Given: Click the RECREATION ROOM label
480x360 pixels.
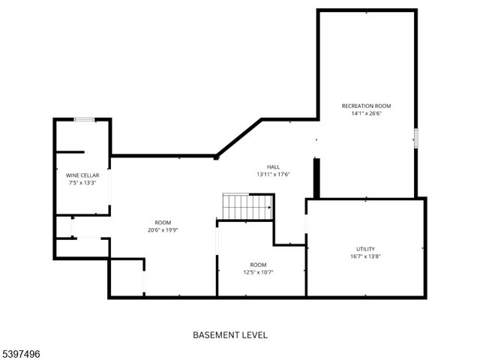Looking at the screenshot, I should pos(366,106).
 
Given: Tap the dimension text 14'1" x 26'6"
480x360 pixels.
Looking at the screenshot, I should pos(366,114).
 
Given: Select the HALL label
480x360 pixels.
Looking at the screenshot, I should pos(273,166).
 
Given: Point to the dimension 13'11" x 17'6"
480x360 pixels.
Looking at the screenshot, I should pos(273,174).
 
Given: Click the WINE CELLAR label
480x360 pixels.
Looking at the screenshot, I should pos(82,175).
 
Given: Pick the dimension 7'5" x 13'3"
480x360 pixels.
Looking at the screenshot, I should pos(82,182).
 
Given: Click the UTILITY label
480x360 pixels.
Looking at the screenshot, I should pos(365,249).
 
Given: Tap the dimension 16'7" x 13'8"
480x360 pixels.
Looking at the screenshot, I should pos(365,256).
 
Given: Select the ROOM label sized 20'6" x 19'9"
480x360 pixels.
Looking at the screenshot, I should pos(163,223).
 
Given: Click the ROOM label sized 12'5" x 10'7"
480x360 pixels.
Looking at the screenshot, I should pos(258,265).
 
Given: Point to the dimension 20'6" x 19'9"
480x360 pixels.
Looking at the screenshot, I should pos(163,230).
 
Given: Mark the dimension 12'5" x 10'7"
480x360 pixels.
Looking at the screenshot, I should pos(258,272).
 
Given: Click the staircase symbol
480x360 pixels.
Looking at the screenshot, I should pos(247,206).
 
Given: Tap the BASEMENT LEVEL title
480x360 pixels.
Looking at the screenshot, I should pos(230,335).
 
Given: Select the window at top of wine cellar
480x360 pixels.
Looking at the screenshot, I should pos(84,119).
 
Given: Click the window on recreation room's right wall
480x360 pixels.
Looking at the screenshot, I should pos(415,138).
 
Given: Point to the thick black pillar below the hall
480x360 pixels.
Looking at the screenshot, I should pos(316,178).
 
